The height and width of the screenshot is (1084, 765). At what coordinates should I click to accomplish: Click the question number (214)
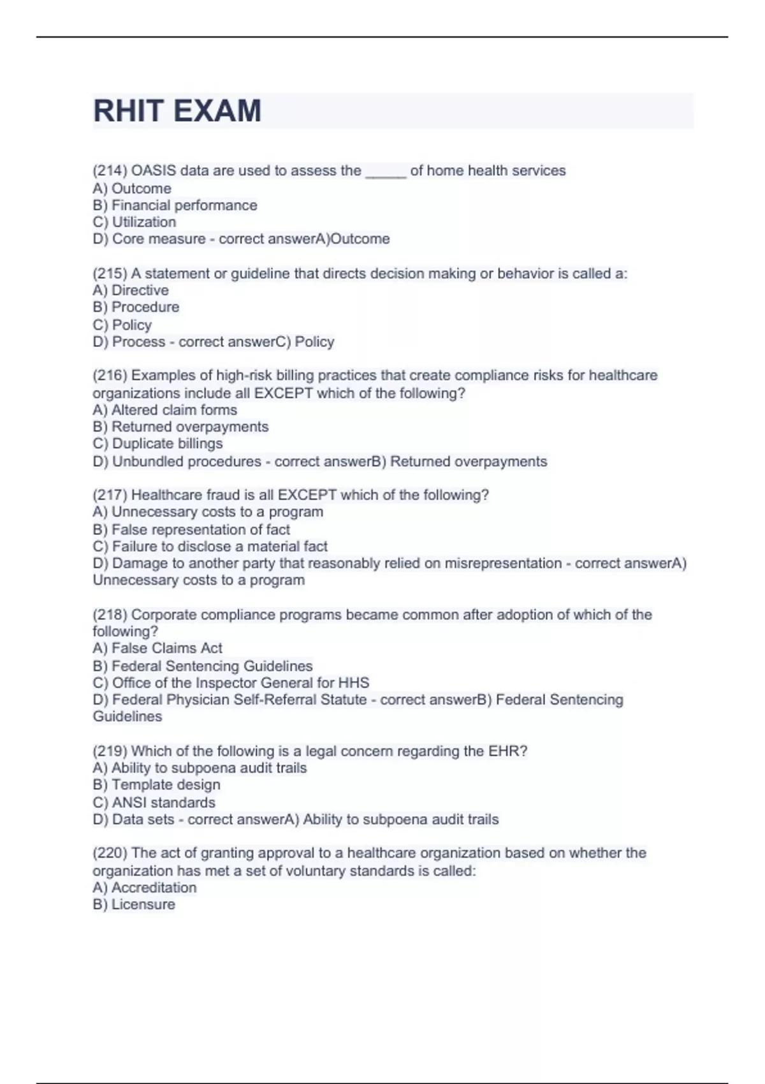[x=110, y=171]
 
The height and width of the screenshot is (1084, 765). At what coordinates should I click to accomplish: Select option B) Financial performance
[x=175, y=205]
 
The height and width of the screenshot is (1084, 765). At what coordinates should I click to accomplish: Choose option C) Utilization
[x=135, y=222]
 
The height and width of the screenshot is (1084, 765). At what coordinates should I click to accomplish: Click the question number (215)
[x=110, y=274]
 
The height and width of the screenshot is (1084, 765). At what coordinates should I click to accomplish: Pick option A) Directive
[x=131, y=290]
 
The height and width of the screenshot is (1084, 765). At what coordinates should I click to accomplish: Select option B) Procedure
[x=136, y=307]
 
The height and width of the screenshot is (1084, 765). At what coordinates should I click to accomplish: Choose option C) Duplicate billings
[x=157, y=444]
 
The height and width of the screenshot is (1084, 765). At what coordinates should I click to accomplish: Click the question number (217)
[x=110, y=495]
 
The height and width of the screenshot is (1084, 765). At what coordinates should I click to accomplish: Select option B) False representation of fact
[x=191, y=529]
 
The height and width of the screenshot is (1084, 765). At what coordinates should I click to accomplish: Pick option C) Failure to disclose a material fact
[x=210, y=546]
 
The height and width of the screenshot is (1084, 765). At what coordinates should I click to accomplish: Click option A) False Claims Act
[x=157, y=648]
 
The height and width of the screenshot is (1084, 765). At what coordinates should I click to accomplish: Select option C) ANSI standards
[x=154, y=803]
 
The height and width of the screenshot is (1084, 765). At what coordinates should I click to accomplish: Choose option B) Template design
[x=156, y=785]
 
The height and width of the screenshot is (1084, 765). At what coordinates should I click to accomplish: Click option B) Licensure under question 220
[x=134, y=905]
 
